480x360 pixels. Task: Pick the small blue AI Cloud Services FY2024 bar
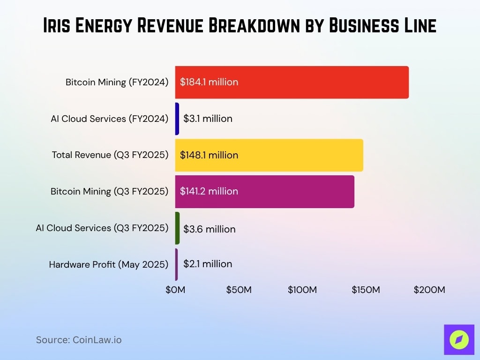click(177, 119)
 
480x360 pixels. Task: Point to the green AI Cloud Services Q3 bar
click(177, 228)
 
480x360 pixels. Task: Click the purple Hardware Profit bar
click(177, 264)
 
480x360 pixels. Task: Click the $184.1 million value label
click(209, 82)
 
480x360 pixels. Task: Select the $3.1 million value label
click(208, 119)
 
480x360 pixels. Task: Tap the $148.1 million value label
click(209, 155)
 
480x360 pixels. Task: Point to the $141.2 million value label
click(209, 191)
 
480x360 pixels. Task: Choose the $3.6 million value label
click(209, 229)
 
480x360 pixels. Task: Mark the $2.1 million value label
click(208, 264)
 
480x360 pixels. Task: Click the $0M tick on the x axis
click(175, 290)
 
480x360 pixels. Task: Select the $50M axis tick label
click(239, 290)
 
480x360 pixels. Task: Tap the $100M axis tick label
click(302, 290)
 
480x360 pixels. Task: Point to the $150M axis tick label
click(366, 290)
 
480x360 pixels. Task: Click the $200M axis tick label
click(429, 290)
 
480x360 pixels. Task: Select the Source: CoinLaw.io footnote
click(79, 340)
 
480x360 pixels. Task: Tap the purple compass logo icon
click(459, 340)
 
